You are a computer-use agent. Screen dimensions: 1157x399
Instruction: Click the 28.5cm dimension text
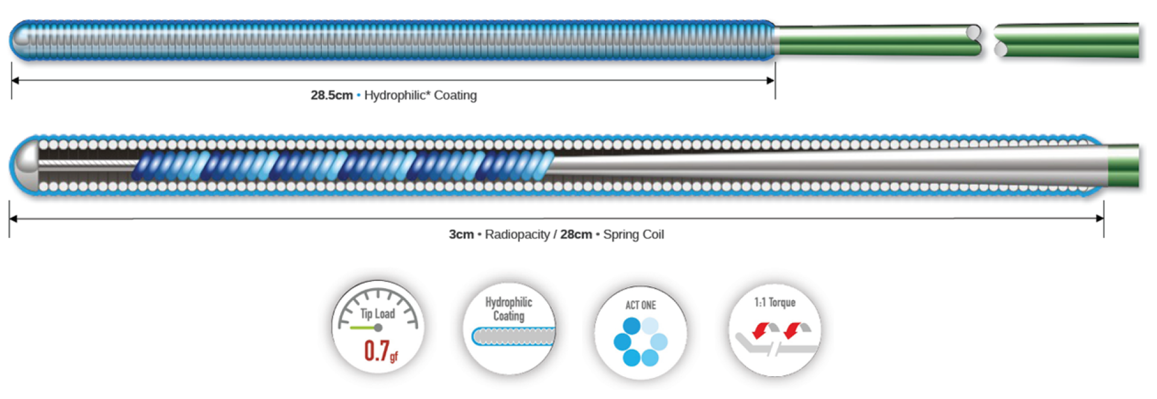(331, 95)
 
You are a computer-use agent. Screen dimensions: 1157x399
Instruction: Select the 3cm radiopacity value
(461, 234)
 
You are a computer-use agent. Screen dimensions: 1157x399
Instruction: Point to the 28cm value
(576, 234)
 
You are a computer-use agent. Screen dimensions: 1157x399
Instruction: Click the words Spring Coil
(633, 234)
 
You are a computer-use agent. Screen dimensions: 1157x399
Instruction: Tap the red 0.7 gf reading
(381, 351)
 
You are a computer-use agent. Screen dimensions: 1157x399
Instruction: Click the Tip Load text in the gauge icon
(378, 314)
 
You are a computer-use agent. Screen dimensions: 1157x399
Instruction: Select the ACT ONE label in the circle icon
(641, 305)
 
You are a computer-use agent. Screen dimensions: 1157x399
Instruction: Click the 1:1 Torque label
(775, 303)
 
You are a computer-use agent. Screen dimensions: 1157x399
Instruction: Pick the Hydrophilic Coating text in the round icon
(509, 309)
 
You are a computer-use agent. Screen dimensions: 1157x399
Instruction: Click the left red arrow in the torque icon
(761, 330)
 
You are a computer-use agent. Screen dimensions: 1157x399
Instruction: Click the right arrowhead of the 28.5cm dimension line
(771, 80)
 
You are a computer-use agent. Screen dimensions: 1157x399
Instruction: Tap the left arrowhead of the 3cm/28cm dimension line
(13, 219)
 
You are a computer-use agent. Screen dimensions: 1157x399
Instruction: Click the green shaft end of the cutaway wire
(1123, 166)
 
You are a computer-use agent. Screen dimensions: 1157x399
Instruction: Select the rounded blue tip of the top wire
(19, 40)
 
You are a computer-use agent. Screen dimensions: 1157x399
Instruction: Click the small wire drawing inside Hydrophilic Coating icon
(513, 336)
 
